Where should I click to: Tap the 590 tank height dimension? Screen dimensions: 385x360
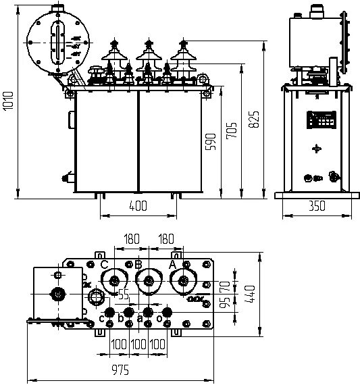click(210, 143)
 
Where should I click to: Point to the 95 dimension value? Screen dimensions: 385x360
click(224, 299)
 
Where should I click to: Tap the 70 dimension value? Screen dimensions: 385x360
click(224, 278)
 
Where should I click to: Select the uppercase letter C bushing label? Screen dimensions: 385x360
click(103, 264)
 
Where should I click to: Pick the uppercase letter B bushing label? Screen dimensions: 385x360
click(138, 264)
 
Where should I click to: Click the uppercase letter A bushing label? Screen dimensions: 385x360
click(172, 264)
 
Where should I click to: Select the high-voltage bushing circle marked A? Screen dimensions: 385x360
click(182, 281)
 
